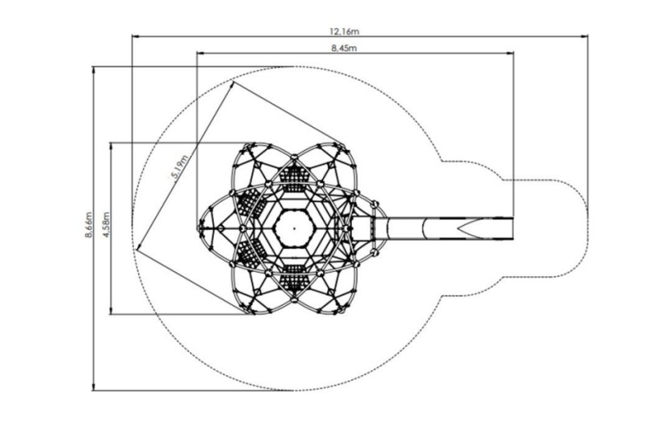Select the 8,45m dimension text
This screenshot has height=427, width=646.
coord(344,48)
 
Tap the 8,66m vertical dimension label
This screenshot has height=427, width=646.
coord(89,224)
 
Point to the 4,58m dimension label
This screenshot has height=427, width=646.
coord(106,224)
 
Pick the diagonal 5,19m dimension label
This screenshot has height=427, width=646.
coord(180,167)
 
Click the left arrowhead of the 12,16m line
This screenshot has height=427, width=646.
coord(135,36)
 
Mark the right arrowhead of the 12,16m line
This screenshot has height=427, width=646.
coord(584,36)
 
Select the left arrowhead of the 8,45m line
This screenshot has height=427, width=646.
coord(200,52)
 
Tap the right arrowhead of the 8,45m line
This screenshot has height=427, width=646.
coord(510,52)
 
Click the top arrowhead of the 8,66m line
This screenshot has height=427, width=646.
coord(94,70)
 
